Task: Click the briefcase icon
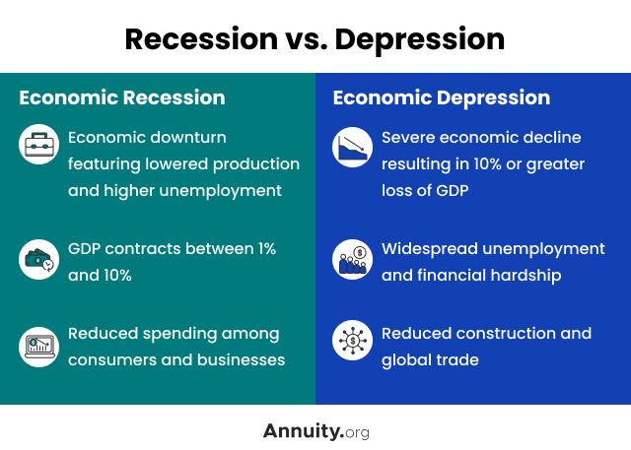[x=38, y=144]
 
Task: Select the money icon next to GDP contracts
[x=38, y=259]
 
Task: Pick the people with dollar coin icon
[x=352, y=260]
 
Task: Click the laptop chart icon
[x=38, y=347]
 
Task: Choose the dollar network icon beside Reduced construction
[x=352, y=341]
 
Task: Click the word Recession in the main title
[x=201, y=39]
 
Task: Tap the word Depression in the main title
[x=420, y=40]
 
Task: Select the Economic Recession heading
[x=122, y=97]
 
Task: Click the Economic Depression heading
[x=442, y=98]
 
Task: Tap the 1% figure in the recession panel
[x=267, y=249]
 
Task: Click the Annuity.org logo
[x=315, y=431]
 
